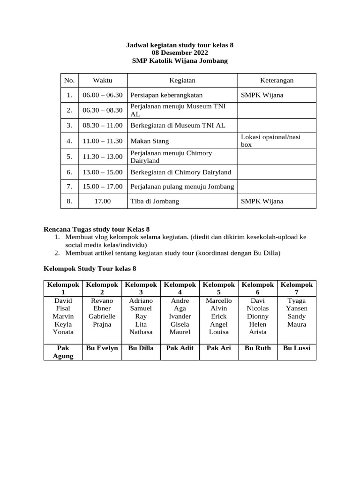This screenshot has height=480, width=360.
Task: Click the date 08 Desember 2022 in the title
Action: (180, 53)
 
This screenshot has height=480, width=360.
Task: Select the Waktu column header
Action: (102, 81)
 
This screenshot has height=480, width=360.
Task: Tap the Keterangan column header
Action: (277, 81)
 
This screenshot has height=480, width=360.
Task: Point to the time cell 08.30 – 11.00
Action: (102, 126)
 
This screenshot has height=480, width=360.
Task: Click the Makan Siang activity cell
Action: (150, 141)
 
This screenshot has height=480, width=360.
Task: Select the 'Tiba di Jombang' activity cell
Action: (154, 202)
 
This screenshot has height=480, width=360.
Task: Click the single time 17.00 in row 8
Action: (102, 202)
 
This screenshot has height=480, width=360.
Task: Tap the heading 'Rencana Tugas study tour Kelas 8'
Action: (97, 229)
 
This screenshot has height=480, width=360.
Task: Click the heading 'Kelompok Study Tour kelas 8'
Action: (90, 269)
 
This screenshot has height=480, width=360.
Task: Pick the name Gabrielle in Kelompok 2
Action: (102, 316)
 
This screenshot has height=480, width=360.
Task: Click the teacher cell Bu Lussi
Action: (296, 348)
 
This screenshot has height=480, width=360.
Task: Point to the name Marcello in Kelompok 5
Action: (218, 300)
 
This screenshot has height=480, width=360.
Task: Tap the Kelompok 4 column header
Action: (180, 288)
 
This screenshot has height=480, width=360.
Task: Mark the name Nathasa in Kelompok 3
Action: (141, 332)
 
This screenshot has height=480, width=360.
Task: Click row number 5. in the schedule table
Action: (69, 157)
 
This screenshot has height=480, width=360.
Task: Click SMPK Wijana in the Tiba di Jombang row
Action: (262, 202)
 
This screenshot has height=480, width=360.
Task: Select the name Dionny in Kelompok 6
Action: (257, 316)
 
